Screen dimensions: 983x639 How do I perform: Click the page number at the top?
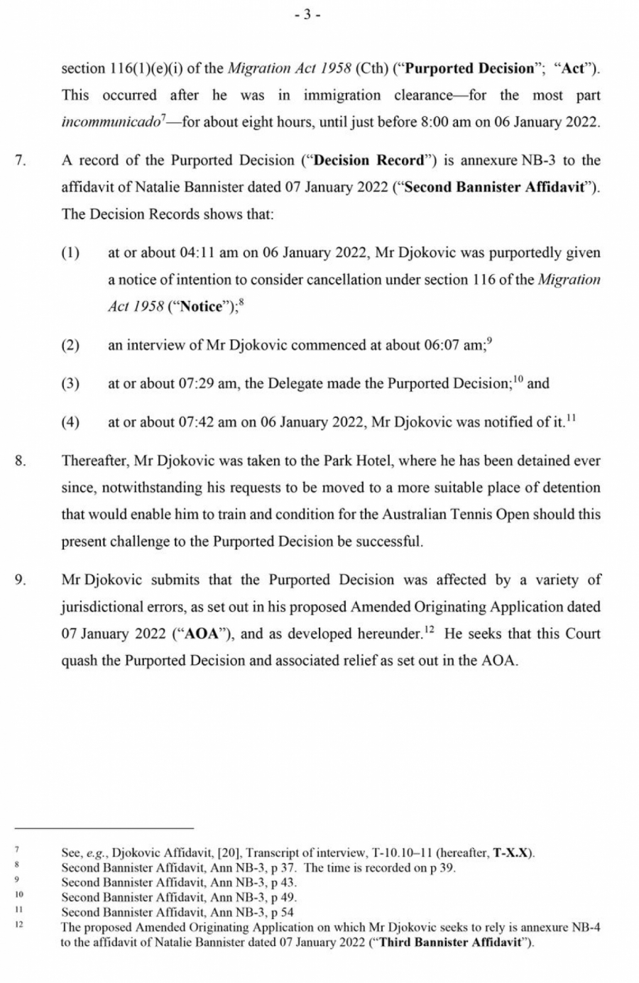[307, 15]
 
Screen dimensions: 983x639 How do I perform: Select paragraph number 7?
[21, 160]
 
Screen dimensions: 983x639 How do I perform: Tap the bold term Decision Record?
[368, 160]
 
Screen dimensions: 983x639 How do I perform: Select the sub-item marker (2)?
[70, 346]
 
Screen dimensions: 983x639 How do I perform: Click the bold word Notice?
[202, 307]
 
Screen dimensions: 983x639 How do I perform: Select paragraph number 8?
[21, 461]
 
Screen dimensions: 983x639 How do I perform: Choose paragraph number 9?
[21, 580]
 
